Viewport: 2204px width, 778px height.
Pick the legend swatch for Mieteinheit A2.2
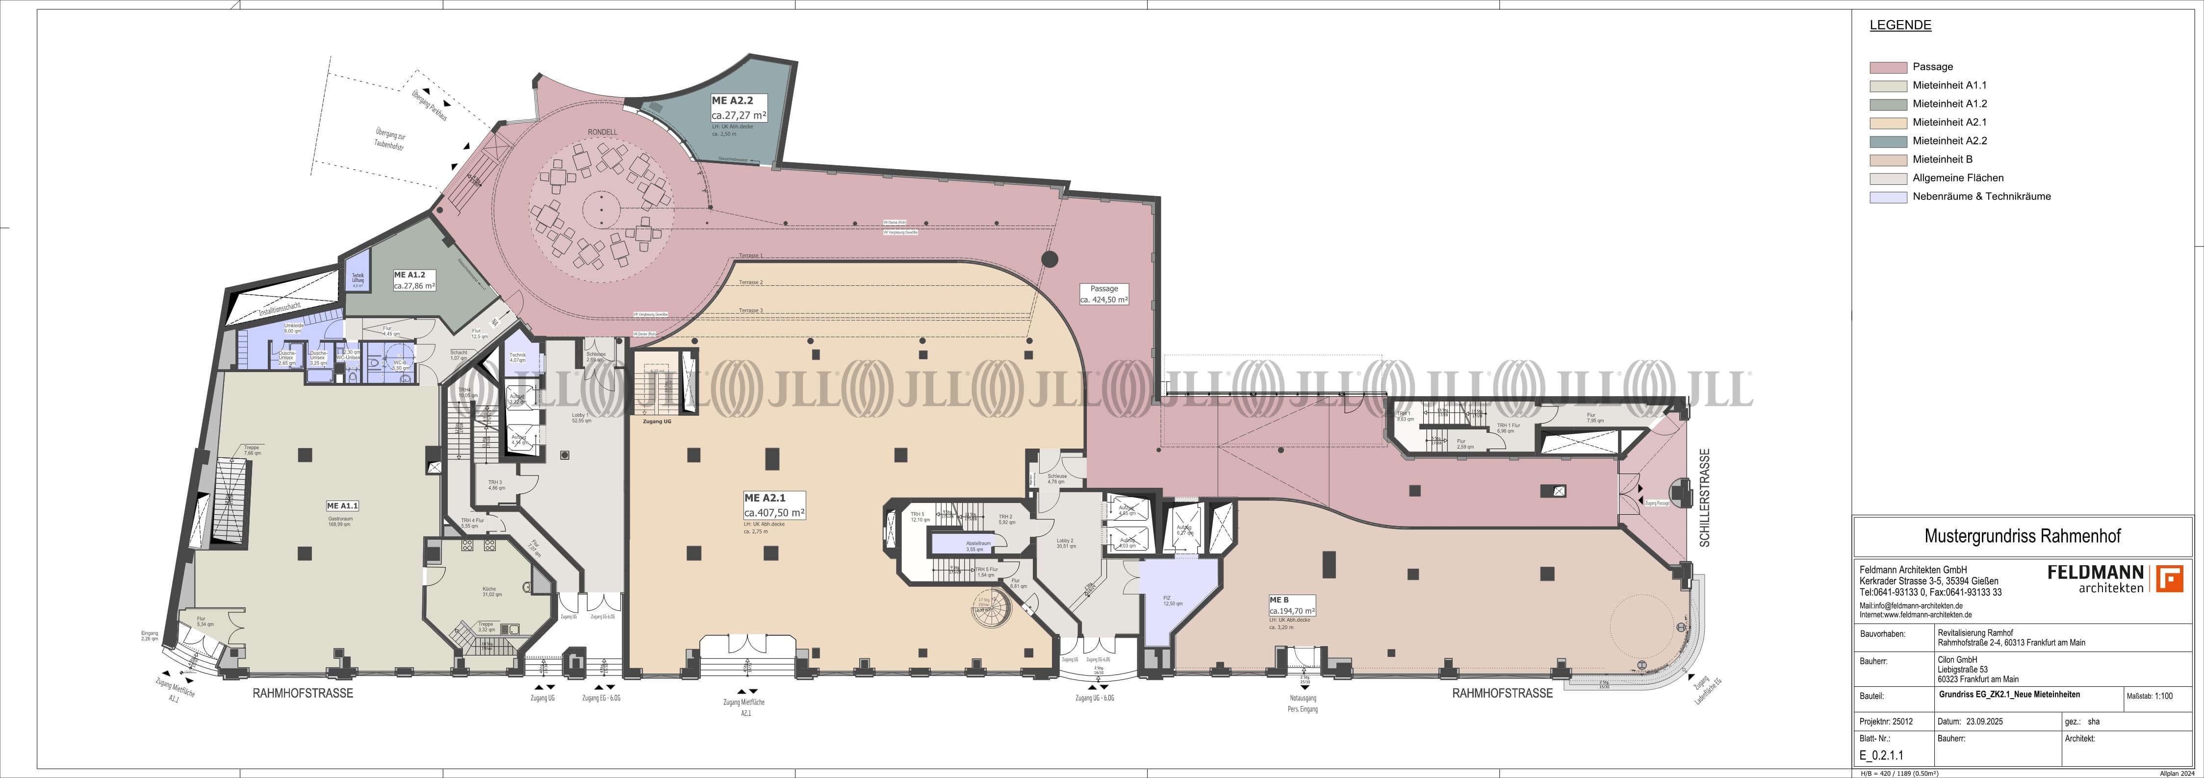(x=1888, y=141)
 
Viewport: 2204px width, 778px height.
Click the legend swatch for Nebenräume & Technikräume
(x=1888, y=197)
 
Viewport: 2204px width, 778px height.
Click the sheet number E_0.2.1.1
(x=1874, y=755)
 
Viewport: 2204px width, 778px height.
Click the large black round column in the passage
(x=1050, y=259)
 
